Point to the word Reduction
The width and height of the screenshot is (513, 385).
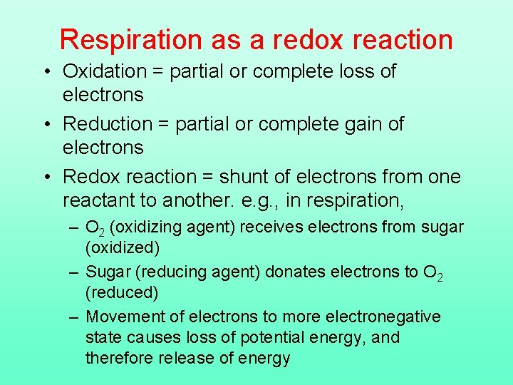(x=108, y=124)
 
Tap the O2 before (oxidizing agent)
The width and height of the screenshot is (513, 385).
(x=95, y=228)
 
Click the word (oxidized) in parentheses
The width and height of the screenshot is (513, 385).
(x=123, y=247)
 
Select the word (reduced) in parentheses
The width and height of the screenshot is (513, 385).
(x=122, y=292)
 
